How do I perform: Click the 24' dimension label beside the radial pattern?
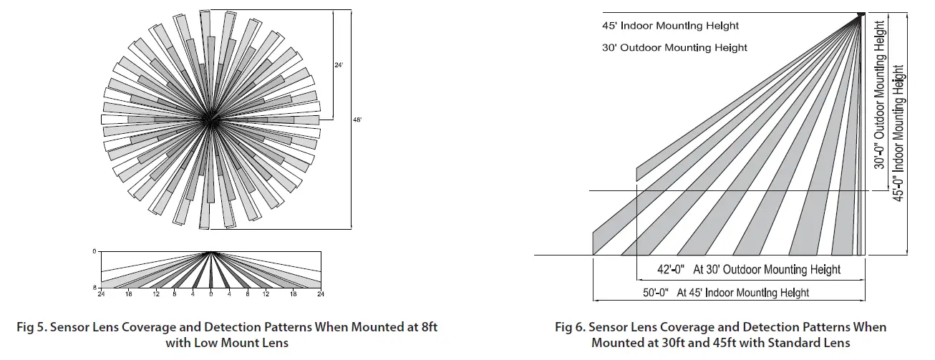(339, 65)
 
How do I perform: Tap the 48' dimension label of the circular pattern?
(357, 120)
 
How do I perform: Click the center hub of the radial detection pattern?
(210, 120)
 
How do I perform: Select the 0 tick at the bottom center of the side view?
(210, 294)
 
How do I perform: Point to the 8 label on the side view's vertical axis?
(95, 287)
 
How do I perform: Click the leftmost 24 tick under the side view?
(101, 294)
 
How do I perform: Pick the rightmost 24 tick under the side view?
(320, 294)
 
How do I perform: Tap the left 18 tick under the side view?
(129, 294)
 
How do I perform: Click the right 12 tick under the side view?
(266, 294)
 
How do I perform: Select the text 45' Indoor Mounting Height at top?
(670, 26)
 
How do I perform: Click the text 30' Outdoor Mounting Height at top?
(674, 47)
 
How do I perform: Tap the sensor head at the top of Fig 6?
(861, 14)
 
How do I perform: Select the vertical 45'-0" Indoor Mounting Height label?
(899, 132)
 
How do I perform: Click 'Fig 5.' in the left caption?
(32, 327)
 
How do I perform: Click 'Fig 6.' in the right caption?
(571, 327)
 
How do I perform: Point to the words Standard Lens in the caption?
(815, 343)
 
